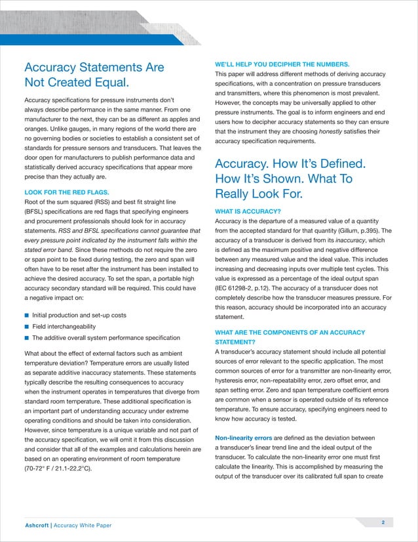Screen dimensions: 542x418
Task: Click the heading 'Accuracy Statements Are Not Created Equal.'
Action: pos(94,75)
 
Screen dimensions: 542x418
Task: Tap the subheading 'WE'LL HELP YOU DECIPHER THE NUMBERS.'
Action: pos(282,64)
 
